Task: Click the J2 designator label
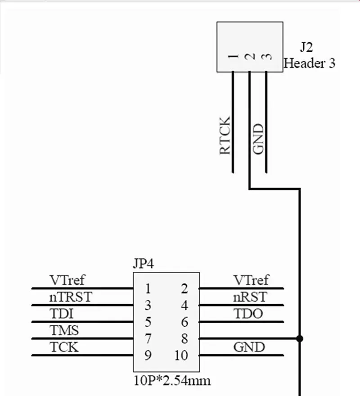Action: [306, 47]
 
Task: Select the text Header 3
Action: [310, 63]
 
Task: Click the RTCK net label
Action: [225, 135]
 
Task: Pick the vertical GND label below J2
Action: [258, 139]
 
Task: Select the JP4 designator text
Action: [144, 264]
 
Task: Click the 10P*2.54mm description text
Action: [172, 381]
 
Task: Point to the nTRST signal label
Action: [70, 297]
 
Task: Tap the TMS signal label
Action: [64, 331]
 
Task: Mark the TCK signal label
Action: [63, 347]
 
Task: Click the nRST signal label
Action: [250, 297]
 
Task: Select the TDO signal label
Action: [248, 314]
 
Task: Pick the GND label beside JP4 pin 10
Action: [249, 347]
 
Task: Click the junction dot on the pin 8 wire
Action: [300, 338]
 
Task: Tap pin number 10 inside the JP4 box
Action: [181, 355]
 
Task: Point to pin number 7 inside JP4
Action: [148, 339]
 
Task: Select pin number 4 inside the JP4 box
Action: [184, 306]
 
